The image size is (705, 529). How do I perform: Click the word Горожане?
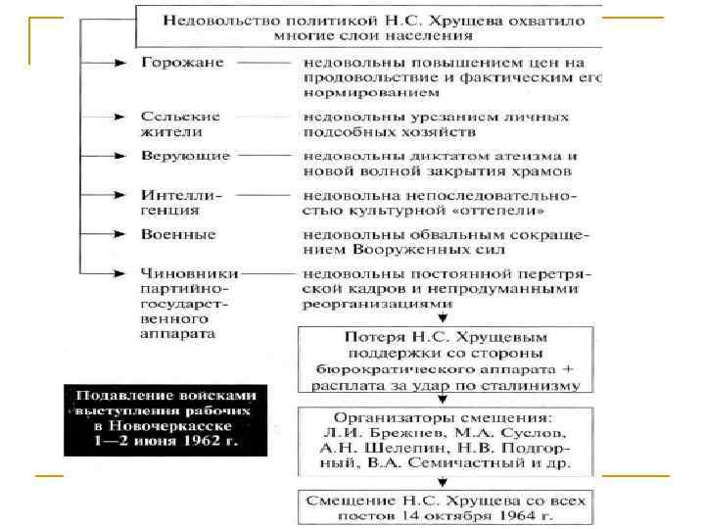click(182, 63)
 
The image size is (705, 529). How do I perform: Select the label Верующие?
click(185, 156)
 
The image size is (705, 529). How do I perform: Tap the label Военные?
click(178, 235)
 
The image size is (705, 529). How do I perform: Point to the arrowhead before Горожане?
click(121, 64)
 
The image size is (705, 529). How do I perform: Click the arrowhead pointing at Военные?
click(121, 235)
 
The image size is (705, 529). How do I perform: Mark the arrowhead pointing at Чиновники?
click(121, 271)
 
